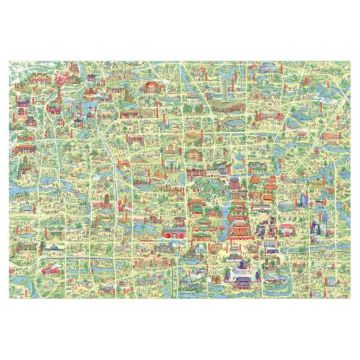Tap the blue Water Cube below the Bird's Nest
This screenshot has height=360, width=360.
point(226,124)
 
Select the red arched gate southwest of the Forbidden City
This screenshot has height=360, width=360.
point(172,233)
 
